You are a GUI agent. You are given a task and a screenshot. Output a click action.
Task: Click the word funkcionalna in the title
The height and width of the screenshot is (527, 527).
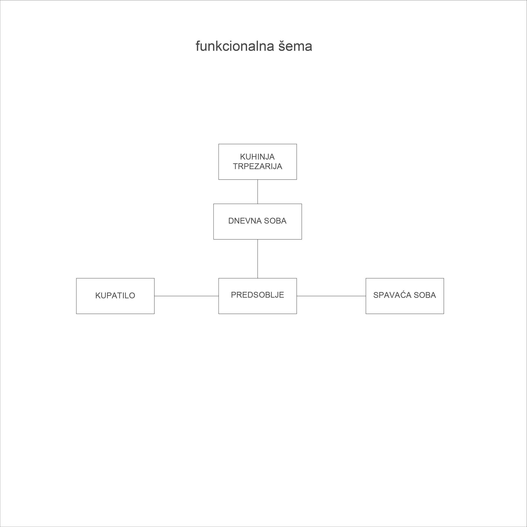point(235,46)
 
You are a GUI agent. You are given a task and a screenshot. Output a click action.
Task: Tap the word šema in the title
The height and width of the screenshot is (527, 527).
point(295,46)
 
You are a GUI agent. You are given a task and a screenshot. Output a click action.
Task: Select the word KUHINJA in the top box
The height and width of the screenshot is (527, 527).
point(257,157)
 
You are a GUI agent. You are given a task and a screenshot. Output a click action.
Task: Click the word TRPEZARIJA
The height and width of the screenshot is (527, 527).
point(257,166)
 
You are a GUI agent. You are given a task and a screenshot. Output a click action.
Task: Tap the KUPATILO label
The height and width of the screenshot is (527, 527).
point(115,296)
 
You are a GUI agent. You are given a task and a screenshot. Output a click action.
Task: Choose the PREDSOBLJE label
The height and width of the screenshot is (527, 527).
point(257,295)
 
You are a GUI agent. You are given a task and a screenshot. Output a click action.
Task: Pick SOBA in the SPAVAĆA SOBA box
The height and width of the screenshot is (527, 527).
point(425,295)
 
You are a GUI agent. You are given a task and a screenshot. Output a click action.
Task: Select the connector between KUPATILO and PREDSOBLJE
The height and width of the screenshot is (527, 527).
point(186,296)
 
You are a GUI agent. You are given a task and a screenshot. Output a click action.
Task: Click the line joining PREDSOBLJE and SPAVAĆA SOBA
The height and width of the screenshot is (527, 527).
point(331,296)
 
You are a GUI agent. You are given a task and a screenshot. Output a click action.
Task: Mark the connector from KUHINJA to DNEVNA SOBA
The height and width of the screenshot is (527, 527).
point(257,191)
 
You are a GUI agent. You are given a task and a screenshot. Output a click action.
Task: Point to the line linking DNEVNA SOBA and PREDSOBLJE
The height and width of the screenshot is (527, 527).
point(257,259)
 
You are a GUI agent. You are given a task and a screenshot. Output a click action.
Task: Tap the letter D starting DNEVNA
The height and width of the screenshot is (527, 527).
point(231,221)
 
